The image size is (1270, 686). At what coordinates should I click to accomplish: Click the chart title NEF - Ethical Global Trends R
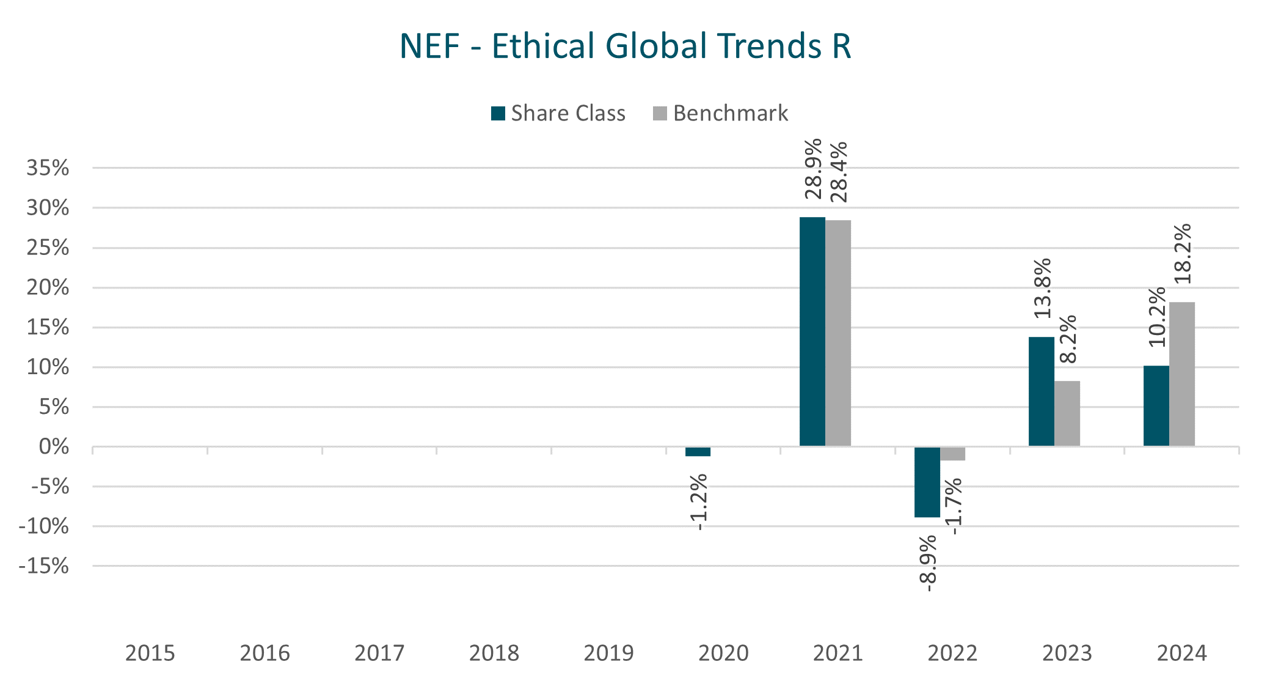pyautogui.click(x=625, y=46)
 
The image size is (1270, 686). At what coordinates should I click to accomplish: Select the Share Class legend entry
pyautogui.click(x=558, y=114)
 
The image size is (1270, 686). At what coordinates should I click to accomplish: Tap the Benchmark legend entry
pyautogui.click(x=721, y=114)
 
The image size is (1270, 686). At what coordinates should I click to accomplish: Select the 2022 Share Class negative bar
pyautogui.click(x=927, y=482)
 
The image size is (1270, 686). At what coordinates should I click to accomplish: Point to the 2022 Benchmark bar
pyautogui.click(x=952, y=454)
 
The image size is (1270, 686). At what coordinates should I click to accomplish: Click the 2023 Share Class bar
pyautogui.click(x=1041, y=391)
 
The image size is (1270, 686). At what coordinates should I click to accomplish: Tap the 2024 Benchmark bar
pyautogui.click(x=1181, y=374)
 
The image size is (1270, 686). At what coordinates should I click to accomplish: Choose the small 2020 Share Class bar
pyautogui.click(x=698, y=452)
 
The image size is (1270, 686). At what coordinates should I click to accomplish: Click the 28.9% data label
pyautogui.click(x=813, y=169)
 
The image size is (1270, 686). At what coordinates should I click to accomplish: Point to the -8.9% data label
pyautogui.click(x=927, y=563)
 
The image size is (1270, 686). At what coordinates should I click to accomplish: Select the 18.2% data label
pyautogui.click(x=1183, y=254)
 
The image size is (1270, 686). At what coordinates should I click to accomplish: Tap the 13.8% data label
pyautogui.click(x=1042, y=288)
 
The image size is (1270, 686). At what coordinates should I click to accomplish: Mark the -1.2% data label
pyautogui.click(x=698, y=501)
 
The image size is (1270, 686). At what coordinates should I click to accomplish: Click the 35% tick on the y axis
pyautogui.click(x=48, y=168)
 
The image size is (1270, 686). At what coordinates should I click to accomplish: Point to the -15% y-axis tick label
pyautogui.click(x=44, y=566)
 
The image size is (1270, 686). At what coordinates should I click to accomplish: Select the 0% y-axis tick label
pyautogui.click(x=54, y=447)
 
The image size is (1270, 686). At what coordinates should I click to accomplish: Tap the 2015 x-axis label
pyautogui.click(x=150, y=653)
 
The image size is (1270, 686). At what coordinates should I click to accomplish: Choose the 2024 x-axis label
pyautogui.click(x=1181, y=653)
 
